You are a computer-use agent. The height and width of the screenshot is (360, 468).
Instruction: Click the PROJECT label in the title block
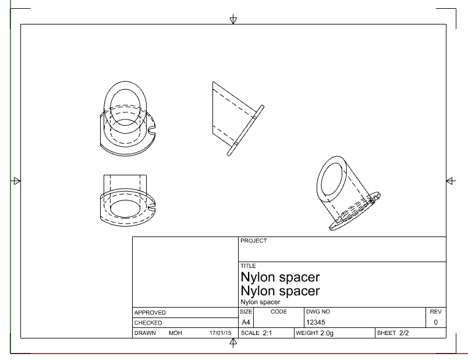(253, 241)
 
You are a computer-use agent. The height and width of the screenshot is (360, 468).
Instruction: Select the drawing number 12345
(315, 322)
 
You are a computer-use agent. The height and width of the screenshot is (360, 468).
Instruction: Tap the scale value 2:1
(267, 333)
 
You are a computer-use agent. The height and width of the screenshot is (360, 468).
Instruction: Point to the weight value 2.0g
(327, 333)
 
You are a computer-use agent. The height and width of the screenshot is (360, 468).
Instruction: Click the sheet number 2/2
(404, 333)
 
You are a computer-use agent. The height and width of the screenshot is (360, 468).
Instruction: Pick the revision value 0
(436, 322)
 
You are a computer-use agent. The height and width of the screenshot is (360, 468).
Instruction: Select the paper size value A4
(246, 322)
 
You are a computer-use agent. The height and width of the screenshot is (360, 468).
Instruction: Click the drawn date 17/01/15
(220, 333)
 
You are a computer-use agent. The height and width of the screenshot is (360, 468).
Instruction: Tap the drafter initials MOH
(175, 333)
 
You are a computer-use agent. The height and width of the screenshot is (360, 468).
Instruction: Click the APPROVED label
(150, 312)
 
